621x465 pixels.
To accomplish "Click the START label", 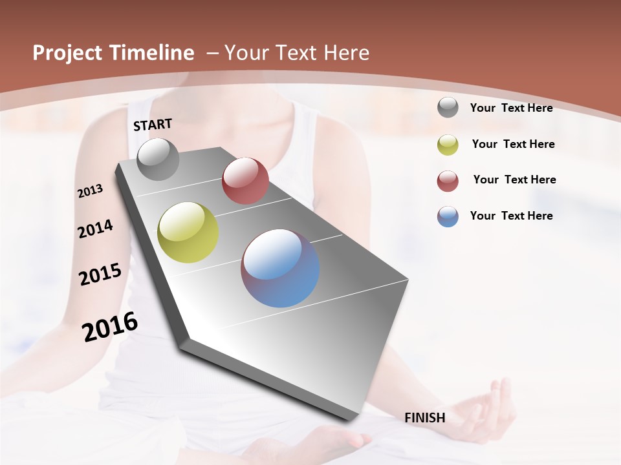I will tap(153, 125).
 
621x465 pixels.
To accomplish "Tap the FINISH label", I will tap(425, 418).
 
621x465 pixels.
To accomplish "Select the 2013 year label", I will tap(90, 191).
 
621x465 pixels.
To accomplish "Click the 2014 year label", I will tap(95, 229).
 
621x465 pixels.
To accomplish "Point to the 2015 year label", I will tap(100, 274).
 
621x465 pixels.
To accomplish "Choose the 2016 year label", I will tap(110, 327).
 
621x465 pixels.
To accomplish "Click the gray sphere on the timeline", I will tap(158, 160).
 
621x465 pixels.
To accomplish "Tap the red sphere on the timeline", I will tap(245, 181).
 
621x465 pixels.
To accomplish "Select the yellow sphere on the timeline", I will tap(188, 232).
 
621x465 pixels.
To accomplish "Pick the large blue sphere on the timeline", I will tap(280, 268).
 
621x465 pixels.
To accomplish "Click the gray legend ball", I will tap(448, 108).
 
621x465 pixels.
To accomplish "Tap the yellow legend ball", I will tap(448, 145).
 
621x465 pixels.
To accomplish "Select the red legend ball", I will tap(448, 181).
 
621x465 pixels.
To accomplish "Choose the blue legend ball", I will tap(448, 216).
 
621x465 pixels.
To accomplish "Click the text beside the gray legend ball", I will tap(511, 108).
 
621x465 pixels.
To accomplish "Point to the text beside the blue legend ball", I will tap(511, 216).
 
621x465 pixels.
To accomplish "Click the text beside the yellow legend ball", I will tap(513, 144).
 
